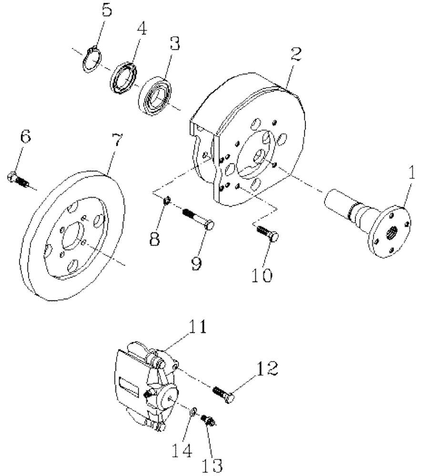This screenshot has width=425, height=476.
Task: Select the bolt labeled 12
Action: point(224,393)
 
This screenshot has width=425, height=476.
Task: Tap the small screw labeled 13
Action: point(207,419)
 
